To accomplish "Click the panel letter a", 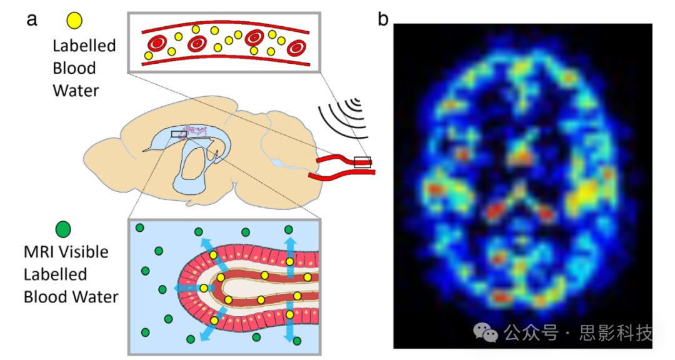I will (x=32, y=19).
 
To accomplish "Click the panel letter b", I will (x=383, y=20).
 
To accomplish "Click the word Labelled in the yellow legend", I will (x=84, y=46).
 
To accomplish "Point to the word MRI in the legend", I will (x=37, y=252).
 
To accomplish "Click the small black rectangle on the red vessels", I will (x=362, y=162).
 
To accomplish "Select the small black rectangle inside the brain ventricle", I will (x=179, y=134).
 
